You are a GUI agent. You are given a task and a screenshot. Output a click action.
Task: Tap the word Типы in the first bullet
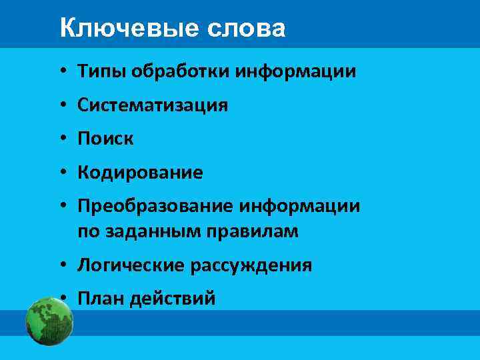click(x=98, y=71)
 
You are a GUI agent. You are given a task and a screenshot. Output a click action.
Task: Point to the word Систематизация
click(x=153, y=105)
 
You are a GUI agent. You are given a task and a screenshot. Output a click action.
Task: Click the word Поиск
click(x=105, y=139)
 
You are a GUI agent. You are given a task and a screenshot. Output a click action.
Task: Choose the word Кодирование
click(x=140, y=173)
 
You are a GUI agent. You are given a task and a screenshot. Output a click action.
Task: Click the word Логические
click(x=131, y=265)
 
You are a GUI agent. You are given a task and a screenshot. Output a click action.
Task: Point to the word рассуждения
click(x=251, y=265)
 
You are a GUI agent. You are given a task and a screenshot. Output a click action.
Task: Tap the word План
click(x=101, y=299)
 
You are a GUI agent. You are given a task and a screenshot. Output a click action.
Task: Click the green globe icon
click(x=49, y=321)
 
